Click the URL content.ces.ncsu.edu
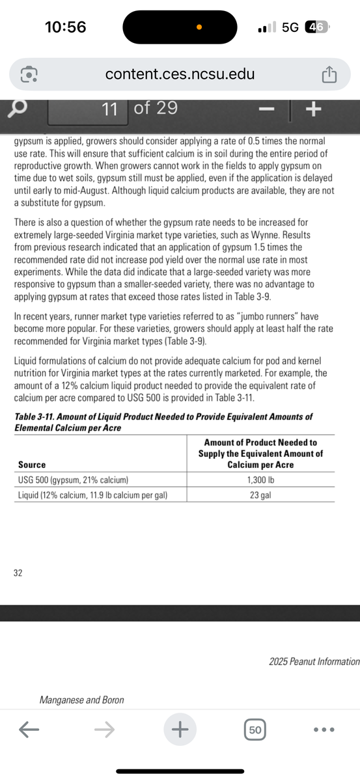[x=180, y=74]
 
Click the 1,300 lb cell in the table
[x=260, y=480]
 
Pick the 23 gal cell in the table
[x=260, y=495]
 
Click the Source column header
[x=32, y=465]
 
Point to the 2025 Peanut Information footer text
[x=314, y=661]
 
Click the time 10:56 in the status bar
[x=65, y=27]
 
